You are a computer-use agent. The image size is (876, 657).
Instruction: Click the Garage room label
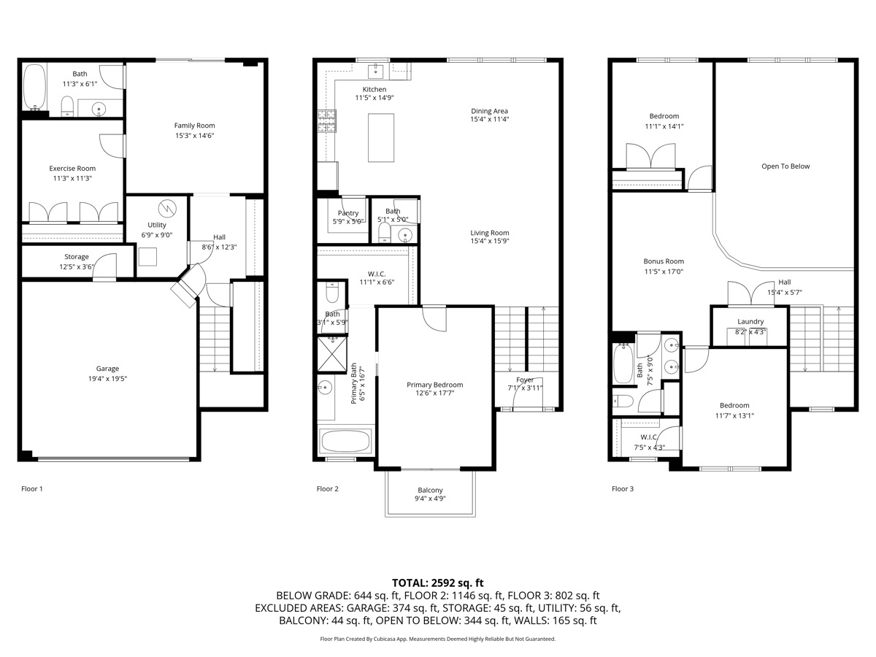coord(107,369)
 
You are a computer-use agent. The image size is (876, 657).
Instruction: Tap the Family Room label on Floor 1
coord(194,126)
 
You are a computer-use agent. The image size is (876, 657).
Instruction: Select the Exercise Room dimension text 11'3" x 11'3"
coord(72,178)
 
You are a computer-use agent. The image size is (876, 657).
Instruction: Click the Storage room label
coord(76,257)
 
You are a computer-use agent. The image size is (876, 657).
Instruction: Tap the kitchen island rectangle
coord(380,137)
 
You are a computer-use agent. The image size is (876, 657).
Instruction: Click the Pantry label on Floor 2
coord(348,213)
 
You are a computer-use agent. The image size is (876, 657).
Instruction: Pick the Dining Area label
coord(489,111)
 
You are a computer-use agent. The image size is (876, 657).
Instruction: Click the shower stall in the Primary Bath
coord(335,353)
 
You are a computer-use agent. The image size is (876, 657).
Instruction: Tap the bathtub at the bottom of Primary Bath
coord(345,442)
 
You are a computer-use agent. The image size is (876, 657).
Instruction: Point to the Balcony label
coord(430,490)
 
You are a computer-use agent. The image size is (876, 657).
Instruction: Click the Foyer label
coord(525,380)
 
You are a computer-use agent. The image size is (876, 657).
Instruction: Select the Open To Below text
coord(785,166)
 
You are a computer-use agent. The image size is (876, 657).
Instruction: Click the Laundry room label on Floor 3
coord(750,321)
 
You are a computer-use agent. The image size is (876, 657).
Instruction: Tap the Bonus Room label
coord(664,261)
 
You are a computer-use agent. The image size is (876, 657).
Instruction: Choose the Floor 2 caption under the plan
coord(327,489)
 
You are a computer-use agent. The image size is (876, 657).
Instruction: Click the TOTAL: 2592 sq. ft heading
coord(438,583)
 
